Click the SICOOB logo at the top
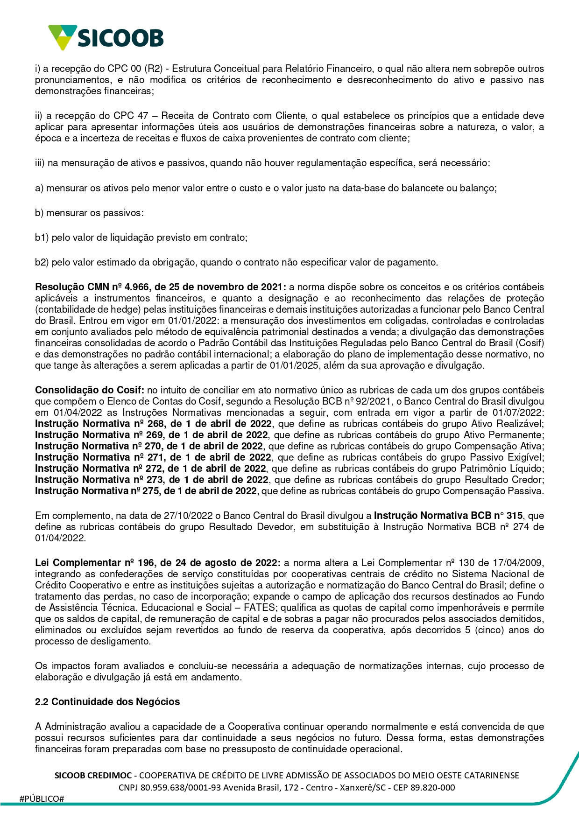(106, 37)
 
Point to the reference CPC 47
(130, 116)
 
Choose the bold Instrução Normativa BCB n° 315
(448, 516)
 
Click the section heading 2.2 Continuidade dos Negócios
(107, 702)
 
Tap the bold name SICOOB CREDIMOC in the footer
(93, 776)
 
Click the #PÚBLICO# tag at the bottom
(42, 799)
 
